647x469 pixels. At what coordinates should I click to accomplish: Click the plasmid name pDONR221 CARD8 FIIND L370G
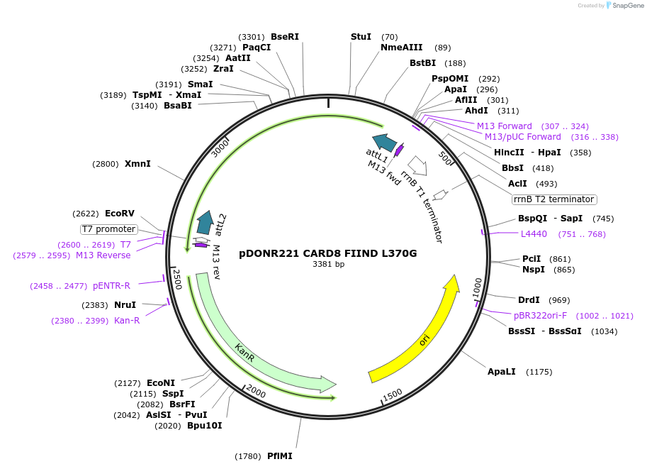pyautogui.click(x=328, y=253)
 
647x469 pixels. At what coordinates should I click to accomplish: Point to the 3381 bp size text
pyautogui.click(x=328, y=265)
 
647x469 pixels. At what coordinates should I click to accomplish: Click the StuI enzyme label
pyautogui.click(x=361, y=37)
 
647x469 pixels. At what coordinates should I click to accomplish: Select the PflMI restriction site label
pyautogui.click(x=279, y=456)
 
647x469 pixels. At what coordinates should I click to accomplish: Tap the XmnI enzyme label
pyautogui.click(x=137, y=164)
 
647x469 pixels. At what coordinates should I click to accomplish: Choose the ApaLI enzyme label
pyautogui.click(x=501, y=372)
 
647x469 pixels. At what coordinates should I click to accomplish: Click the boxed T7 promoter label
pyautogui.click(x=108, y=229)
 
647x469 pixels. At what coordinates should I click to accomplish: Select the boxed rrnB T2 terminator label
pyautogui.click(x=554, y=199)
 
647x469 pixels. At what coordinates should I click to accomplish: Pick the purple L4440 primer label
pyautogui.click(x=534, y=233)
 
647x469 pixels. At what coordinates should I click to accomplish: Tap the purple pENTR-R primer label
pyautogui.click(x=111, y=286)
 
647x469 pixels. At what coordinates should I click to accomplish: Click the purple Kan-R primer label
pyautogui.click(x=127, y=321)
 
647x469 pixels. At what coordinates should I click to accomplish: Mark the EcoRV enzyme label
pyautogui.click(x=119, y=213)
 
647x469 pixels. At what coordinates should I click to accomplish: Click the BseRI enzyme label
pyautogui.click(x=285, y=37)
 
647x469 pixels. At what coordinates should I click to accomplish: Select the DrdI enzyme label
pyautogui.click(x=529, y=300)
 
